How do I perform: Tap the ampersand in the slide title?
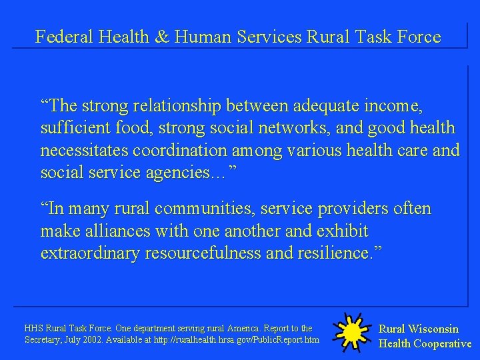(x=162, y=37)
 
